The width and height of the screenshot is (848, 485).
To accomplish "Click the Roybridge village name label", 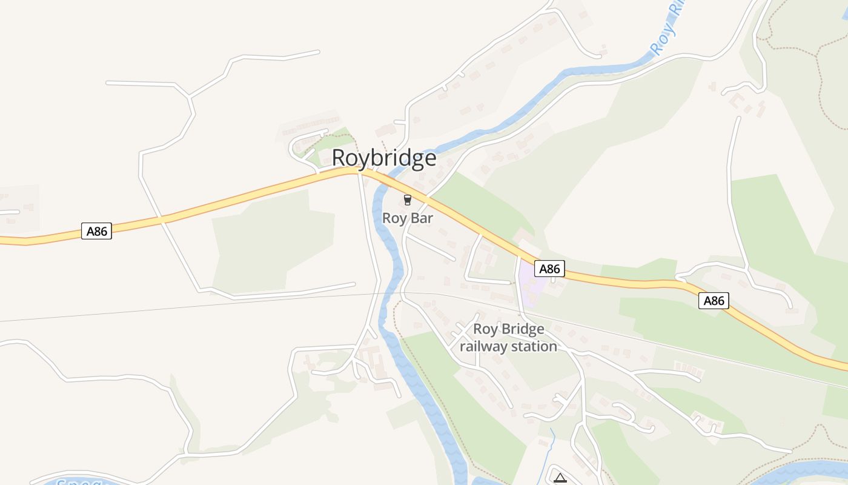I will pos(384,158).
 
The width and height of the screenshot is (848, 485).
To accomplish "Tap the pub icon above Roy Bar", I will pos(408,200).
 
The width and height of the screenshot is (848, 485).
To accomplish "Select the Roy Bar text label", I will pos(408,218).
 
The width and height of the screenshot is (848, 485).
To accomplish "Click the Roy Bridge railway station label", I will pos(508,338).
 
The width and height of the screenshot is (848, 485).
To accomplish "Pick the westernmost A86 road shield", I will pos(96,231).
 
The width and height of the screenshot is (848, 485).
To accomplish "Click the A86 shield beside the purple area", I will pos(549,269).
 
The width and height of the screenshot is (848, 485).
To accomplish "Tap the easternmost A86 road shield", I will pos(714,300).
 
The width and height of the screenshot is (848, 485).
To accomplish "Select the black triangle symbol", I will pos(560,478).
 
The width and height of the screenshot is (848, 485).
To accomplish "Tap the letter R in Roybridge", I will pos(339,158).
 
